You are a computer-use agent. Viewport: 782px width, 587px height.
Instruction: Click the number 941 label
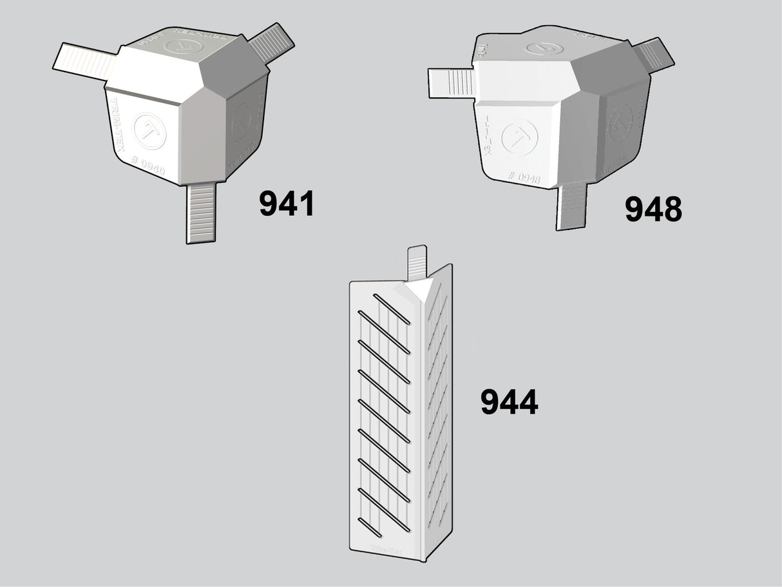[287, 204]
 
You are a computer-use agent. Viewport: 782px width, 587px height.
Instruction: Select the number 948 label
[653, 209]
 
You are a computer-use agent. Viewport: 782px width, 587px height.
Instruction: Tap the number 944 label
[509, 402]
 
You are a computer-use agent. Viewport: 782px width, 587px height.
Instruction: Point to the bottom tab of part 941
[201, 213]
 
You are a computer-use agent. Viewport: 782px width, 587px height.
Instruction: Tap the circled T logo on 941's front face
[149, 131]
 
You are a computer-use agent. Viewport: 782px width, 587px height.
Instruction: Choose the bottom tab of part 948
[572, 206]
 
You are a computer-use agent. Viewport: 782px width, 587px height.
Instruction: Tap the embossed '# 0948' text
[524, 177]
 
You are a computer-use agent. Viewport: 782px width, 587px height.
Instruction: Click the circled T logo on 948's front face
[519, 137]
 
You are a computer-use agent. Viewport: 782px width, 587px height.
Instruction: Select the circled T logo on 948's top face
[544, 48]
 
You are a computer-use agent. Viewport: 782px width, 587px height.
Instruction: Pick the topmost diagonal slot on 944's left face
[391, 309]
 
